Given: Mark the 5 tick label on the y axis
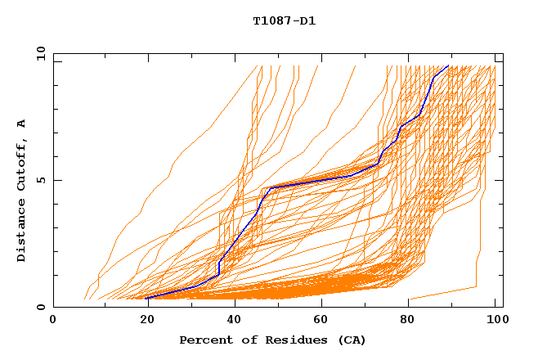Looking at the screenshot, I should pos(40,180).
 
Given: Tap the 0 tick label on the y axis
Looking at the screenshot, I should pos(40,307).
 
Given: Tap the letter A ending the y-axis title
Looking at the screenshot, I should pos(22,124).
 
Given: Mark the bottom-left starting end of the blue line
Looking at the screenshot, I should pos(147,298).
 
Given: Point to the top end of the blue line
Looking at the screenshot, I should pos(448,65).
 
